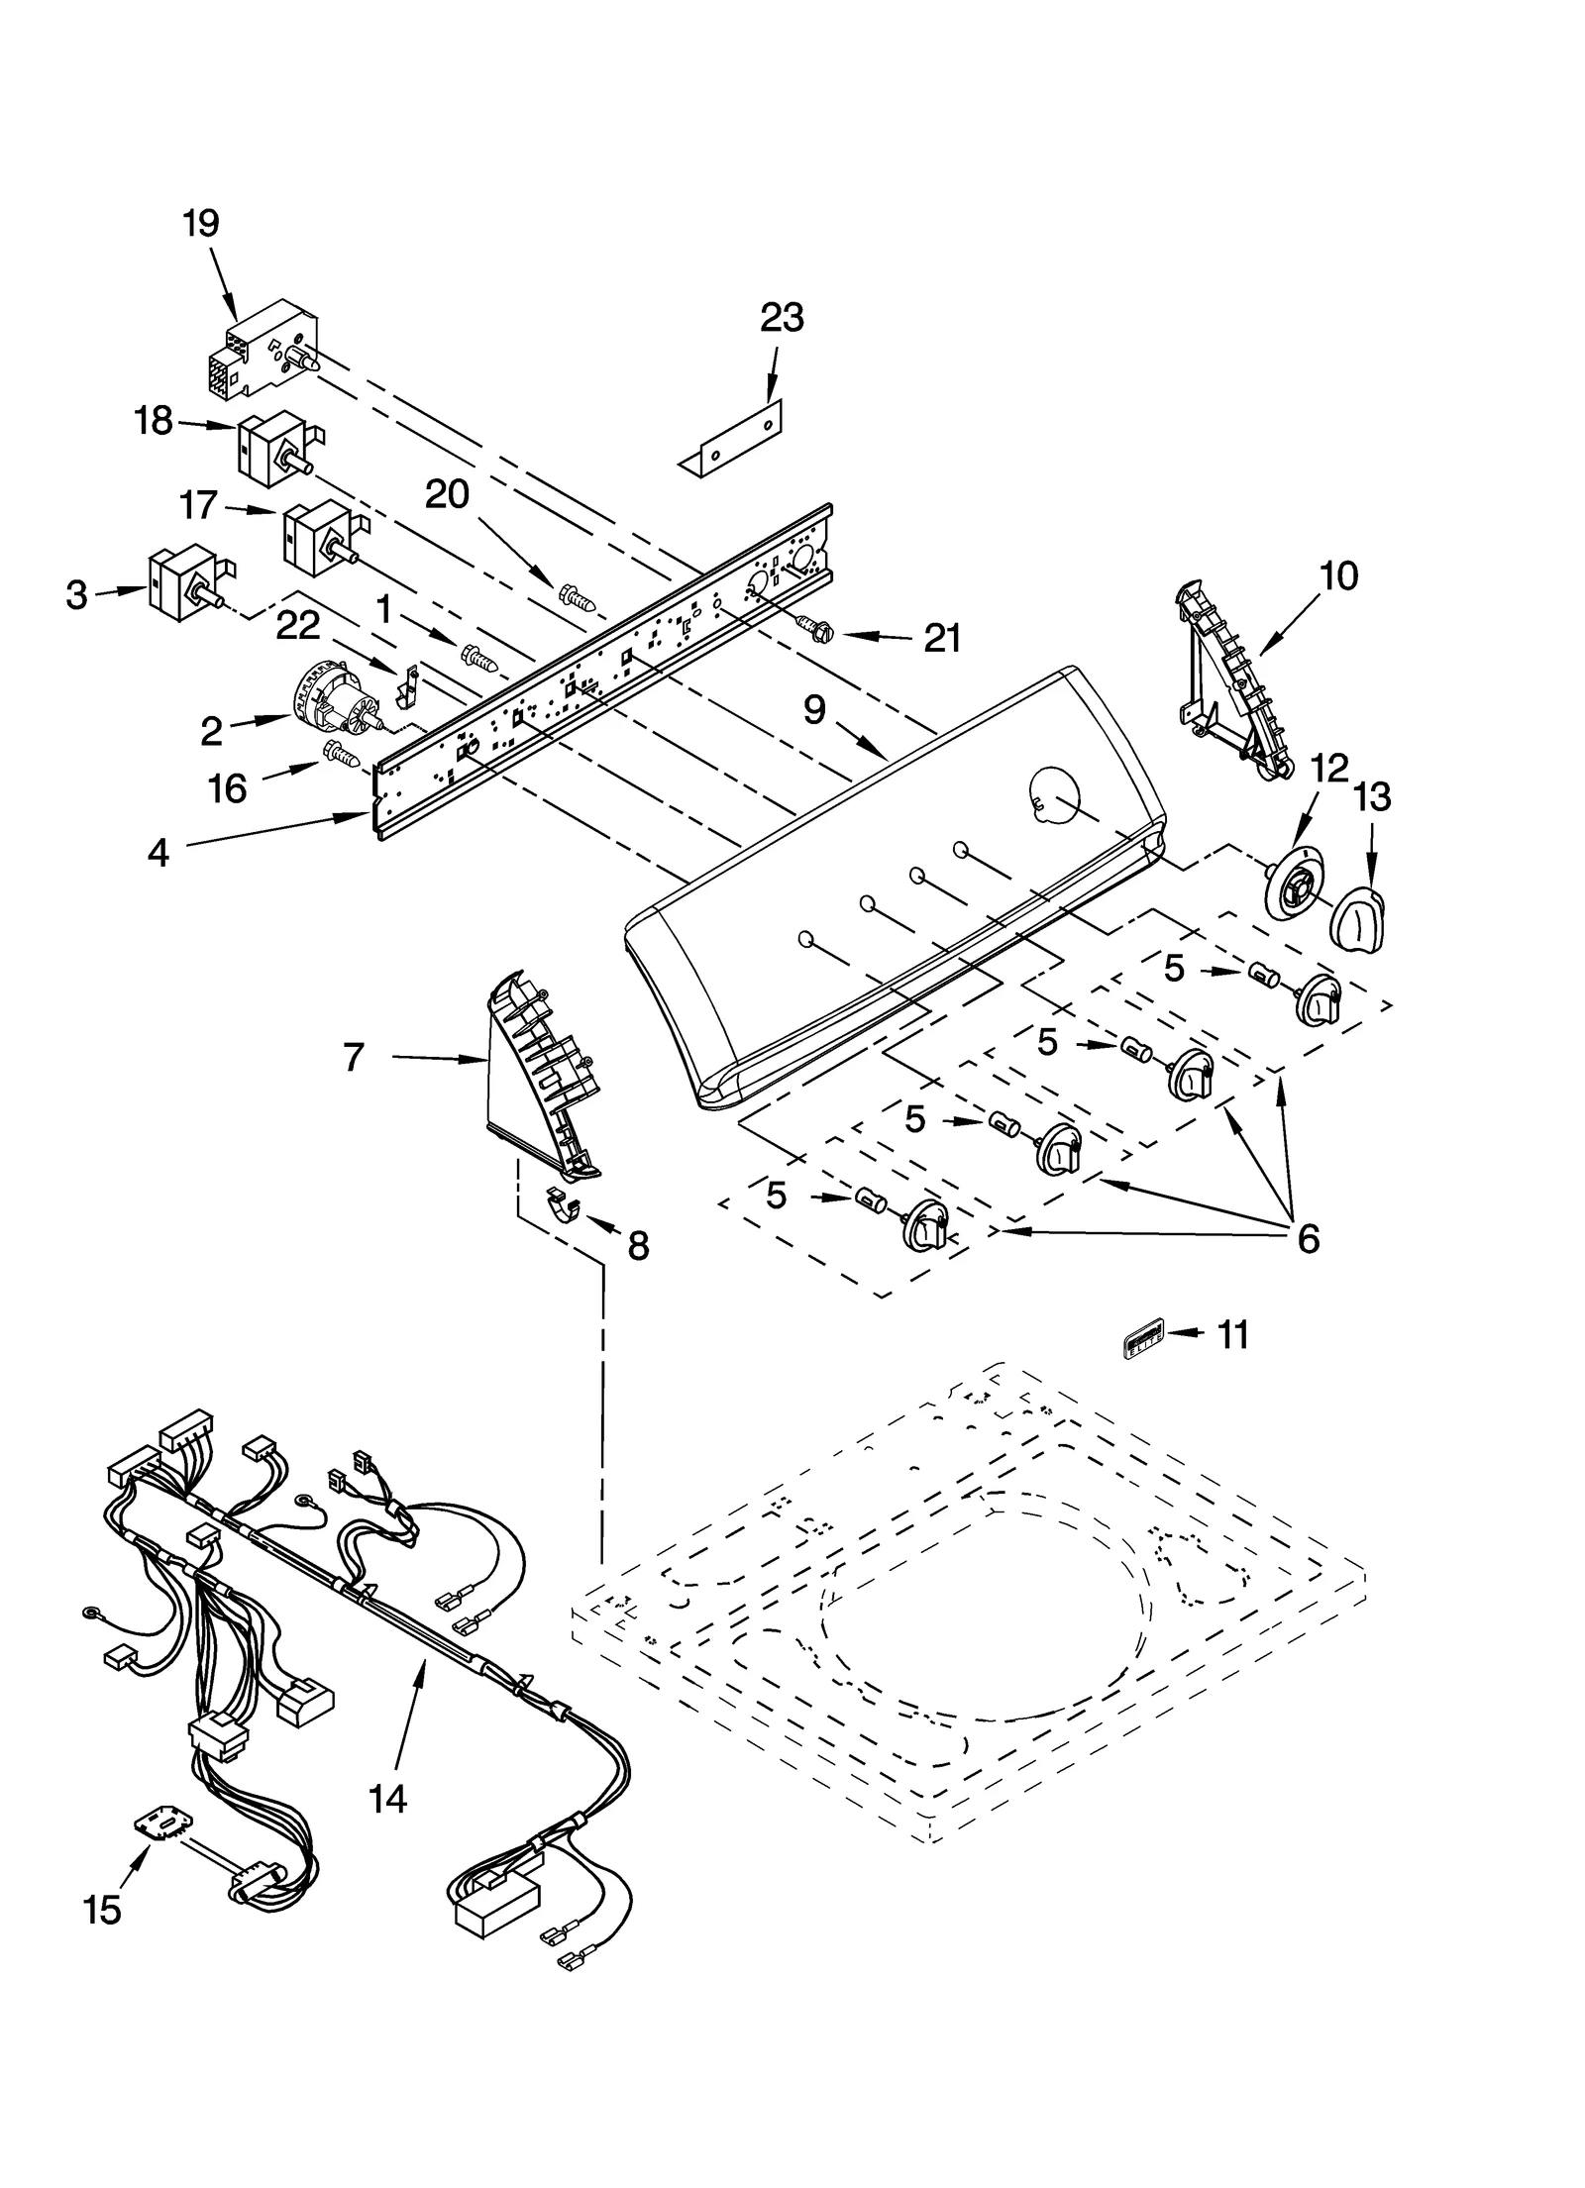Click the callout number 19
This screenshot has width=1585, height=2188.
coord(200,223)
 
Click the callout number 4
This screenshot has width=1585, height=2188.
coord(158,852)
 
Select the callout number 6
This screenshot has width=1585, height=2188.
coord(1308,1237)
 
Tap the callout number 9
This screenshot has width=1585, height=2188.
coord(814,709)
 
